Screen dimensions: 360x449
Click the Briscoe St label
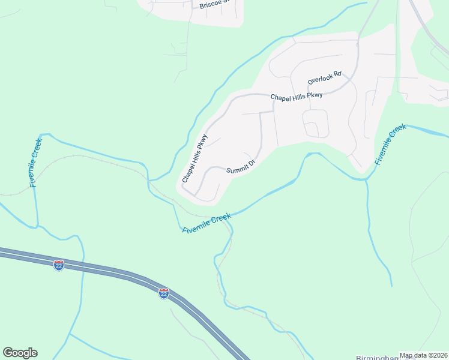[215, 4]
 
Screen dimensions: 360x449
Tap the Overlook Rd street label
[324, 77]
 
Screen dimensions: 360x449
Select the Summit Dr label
[241, 166]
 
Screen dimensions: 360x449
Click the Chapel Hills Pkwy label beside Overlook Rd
[297, 96]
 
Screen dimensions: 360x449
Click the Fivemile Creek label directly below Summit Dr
[206, 221]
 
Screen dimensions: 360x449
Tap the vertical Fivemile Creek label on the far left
[36, 163]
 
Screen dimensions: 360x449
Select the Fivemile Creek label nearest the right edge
[390, 145]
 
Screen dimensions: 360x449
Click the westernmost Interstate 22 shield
[59, 265]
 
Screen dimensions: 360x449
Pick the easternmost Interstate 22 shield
[164, 293]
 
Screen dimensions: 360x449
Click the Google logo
[20, 353]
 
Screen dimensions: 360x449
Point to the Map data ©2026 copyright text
[424, 355]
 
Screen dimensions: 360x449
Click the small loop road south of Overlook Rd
[316, 124]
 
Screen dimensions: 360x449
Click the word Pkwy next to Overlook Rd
[314, 95]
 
